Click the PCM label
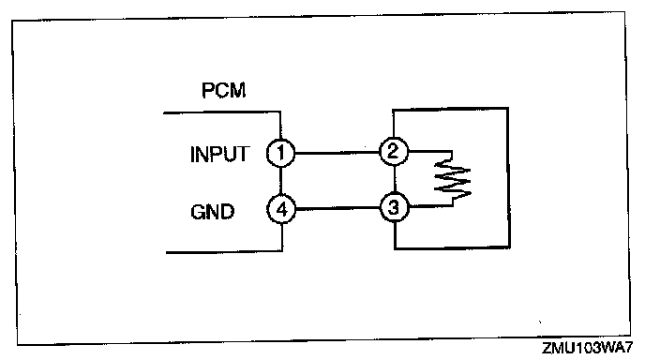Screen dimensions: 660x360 (223, 90)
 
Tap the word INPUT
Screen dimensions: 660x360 (219, 154)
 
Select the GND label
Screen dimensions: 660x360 (213, 212)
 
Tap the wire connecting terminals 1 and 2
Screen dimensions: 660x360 (337, 153)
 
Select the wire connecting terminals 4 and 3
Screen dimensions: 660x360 (337, 208)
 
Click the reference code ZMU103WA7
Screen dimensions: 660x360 (587, 349)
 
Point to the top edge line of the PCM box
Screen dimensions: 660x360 (222, 112)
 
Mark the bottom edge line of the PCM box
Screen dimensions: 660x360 (224, 252)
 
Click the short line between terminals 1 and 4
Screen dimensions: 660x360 (280, 181)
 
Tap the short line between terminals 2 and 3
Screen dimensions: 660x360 (395, 179)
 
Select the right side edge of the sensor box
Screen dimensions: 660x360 (508, 178)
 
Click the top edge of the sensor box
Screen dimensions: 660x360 (450, 110)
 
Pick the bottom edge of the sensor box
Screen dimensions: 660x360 (452, 247)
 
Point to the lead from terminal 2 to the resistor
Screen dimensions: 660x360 (430, 152)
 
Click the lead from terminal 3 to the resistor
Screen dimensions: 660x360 (430, 206)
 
